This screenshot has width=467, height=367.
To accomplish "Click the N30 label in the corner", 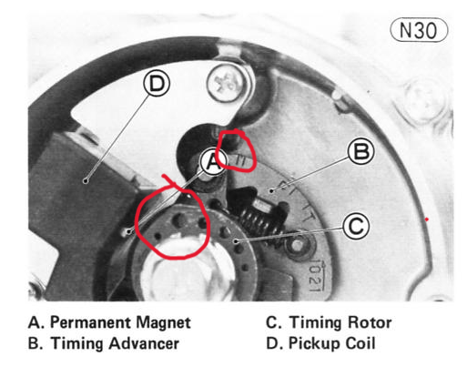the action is click(x=419, y=30).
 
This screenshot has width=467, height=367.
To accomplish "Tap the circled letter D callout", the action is click(x=157, y=83).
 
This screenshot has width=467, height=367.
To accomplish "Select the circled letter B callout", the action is click(x=360, y=151).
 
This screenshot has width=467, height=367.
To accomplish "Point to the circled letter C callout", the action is click(x=356, y=226).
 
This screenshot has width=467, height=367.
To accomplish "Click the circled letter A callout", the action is click(x=213, y=162).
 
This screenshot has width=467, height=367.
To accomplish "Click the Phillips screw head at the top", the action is click(x=226, y=83).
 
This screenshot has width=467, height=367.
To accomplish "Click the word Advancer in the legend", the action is click(x=144, y=343).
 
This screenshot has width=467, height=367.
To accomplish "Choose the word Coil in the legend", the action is click(x=360, y=343).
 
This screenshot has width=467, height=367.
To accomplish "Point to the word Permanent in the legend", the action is click(x=90, y=322).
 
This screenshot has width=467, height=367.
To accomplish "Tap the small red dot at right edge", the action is click(x=427, y=219).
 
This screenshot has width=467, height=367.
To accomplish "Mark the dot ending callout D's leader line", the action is click(x=86, y=181).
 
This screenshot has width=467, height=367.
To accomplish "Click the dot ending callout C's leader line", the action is click(x=236, y=241).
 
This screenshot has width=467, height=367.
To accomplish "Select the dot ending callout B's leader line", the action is click(x=271, y=190).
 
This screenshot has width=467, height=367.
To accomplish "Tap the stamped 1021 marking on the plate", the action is click(x=316, y=275).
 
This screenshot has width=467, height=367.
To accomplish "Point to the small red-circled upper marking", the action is click(x=240, y=161).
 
